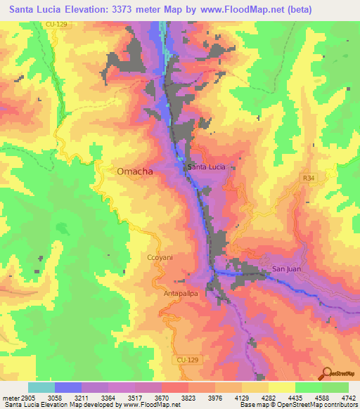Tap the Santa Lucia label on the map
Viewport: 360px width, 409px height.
206,167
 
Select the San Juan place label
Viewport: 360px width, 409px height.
287,269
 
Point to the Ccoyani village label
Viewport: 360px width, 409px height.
160,258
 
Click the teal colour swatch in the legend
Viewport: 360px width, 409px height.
41,387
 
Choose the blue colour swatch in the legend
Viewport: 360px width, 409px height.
68,387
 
